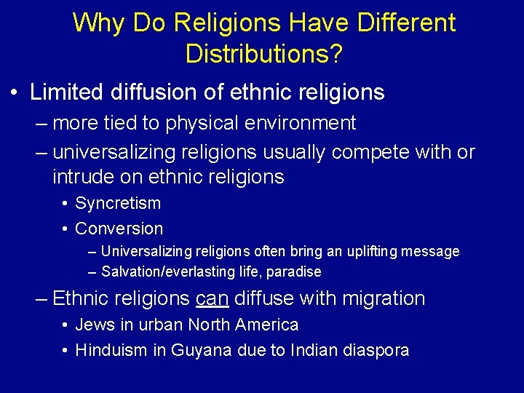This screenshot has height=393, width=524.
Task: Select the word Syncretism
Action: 118,204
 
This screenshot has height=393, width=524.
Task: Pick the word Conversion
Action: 119,229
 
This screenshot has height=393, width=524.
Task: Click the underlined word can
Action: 211,298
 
